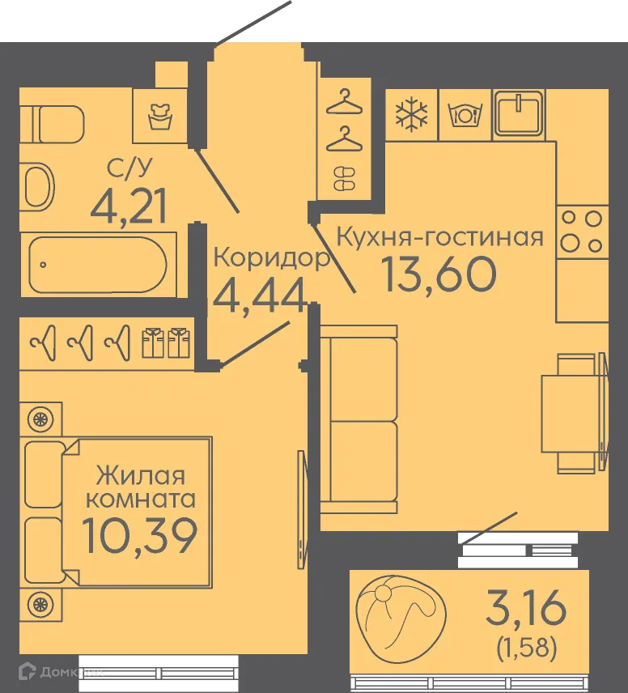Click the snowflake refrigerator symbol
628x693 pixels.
[x=411, y=115]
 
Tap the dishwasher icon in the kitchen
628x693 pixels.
[x=465, y=115]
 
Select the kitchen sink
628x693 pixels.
[x=519, y=113]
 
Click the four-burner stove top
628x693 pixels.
[x=583, y=232]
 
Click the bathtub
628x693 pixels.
[x=98, y=265]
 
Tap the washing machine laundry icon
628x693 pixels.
[x=160, y=117]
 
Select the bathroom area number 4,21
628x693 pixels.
[x=128, y=206]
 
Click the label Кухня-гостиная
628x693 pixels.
[x=439, y=237]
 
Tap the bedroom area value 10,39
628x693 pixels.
[x=140, y=536]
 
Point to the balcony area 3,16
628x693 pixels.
[x=526, y=608]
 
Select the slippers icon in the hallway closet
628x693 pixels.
[x=344, y=179]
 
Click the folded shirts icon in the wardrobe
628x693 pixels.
[x=166, y=342]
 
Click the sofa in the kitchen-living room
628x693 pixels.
[x=359, y=419]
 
